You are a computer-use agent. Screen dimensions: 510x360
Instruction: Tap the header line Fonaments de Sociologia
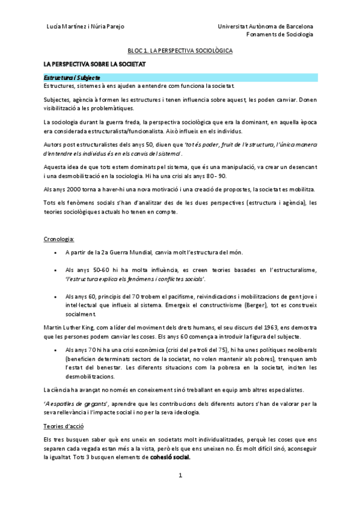[x=280, y=34]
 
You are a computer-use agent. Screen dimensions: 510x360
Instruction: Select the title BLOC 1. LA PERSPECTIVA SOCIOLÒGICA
[x=180, y=51]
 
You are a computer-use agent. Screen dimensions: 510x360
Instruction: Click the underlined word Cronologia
[x=59, y=239]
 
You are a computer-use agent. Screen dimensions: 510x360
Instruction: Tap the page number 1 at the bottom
[x=180, y=475]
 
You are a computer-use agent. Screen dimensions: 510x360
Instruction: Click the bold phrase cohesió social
[x=170, y=457]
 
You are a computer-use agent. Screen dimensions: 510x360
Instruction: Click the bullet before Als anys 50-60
[x=56, y=271]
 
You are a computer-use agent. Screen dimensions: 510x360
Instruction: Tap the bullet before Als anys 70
[x=56, y=349]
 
